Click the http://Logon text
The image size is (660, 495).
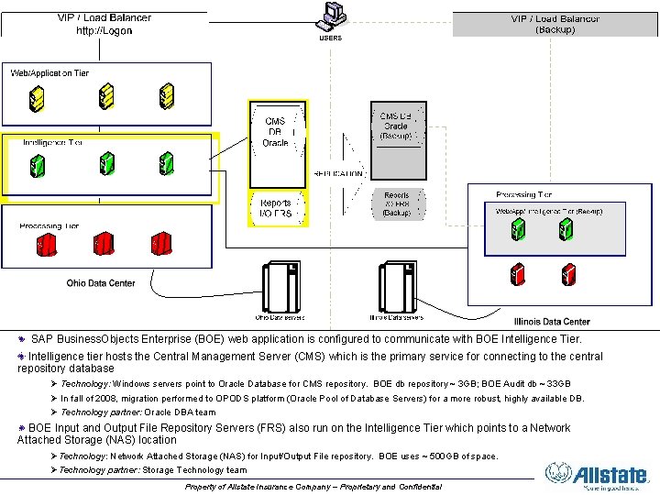click(x=104, y=30)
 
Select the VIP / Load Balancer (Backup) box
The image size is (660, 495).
click(x=555, y=24)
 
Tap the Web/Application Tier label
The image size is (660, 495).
click(x=49, y=72)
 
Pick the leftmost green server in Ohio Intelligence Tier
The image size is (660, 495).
click(x=37, y=165)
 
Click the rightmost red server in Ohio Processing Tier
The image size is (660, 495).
click(x=162, y=245)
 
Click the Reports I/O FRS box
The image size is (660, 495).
click(x=276, y=209)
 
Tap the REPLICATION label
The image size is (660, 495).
click(x=338, y=173)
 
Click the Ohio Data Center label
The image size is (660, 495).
click(x=101, y=283)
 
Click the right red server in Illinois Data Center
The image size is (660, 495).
click(x=567, y=273)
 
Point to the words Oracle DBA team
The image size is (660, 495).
click(x=181, y=412)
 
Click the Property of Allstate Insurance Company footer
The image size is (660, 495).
click(x=313, y=486)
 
